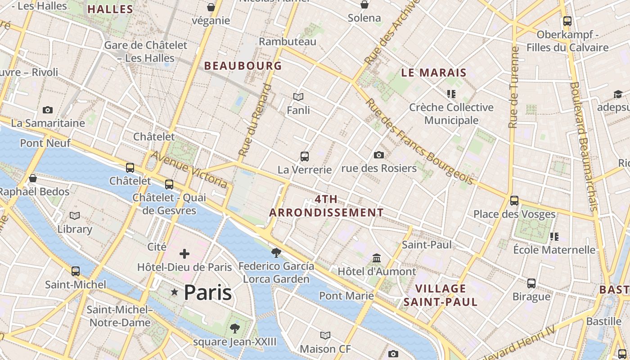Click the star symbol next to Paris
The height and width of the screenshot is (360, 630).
tap(175, 292)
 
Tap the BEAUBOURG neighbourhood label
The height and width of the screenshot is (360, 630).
tap(243, 66)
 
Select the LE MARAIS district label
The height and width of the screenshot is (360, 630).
tap(434, 72)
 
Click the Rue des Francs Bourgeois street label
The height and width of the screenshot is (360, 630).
tap(419, 141)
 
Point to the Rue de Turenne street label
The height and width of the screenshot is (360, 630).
tap(513, 87)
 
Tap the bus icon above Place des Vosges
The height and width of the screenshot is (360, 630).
tap(514, 201)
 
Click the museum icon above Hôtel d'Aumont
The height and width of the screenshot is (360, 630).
tap(377, 258)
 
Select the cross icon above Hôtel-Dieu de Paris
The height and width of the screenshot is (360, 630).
tap(184, 254)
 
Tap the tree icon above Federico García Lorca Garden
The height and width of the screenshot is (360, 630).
tap(276, 252)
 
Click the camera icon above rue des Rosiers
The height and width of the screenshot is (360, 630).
tap(379, 155)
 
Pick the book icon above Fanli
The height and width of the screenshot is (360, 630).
tap(298, 97)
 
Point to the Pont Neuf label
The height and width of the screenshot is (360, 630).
tap(45, 143)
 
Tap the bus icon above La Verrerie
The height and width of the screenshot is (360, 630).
tap(305, 157)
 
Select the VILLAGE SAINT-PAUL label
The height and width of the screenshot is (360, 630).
tap(440, 295)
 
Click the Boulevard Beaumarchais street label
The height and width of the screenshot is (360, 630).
tap(583, 146)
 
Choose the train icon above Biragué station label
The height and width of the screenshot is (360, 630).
tap(531, 283)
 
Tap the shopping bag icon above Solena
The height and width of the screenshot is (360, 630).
tap(364, 5)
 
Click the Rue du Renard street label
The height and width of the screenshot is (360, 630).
tap(255, 120)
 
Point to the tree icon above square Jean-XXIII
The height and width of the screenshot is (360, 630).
tap(234, 328)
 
